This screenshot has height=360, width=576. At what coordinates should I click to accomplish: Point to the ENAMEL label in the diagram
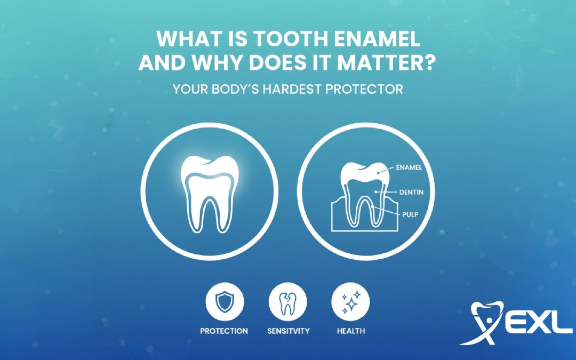tap(410, 168)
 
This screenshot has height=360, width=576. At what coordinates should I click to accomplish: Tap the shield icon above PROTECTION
tap(224, 302)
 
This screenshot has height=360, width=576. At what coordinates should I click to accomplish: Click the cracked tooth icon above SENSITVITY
tap(288, 302)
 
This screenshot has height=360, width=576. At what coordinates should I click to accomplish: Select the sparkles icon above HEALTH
tap(350, 302)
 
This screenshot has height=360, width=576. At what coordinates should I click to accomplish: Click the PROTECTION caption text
tap(224, 331)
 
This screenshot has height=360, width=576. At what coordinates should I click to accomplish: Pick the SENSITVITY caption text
tap(288, 331)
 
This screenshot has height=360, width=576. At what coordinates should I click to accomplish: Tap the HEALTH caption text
tap(351, 331)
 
